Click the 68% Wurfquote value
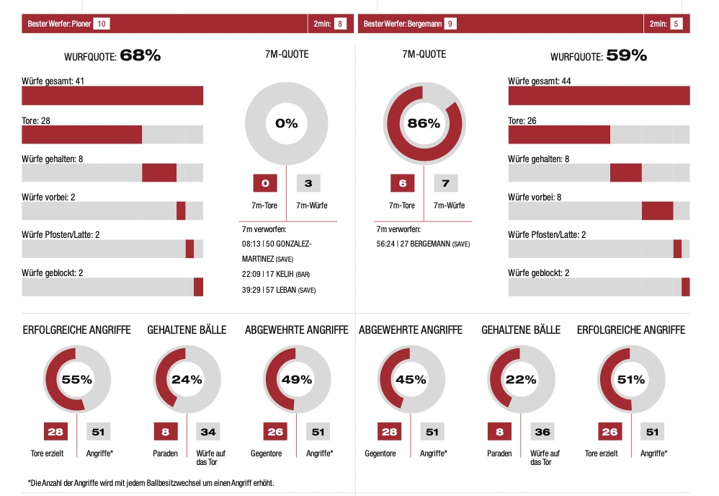(140, 56)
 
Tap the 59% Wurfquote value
(626, 56)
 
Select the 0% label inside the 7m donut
(286, 123)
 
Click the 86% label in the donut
(424, 123)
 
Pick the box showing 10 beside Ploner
(102, 24)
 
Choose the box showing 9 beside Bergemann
(450, 24)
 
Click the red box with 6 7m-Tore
(402, 183)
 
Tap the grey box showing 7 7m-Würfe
(445, 183)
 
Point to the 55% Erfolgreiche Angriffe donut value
(77, 379)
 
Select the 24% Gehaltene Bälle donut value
(187, 379)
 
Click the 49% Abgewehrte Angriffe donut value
(297, 379)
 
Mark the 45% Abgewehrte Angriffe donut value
(411, 379)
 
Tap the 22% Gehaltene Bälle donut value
(521, 379)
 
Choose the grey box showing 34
(207, 432)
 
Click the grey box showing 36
(542, 432)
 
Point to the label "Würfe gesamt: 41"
(54, 81)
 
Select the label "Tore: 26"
(522, 120)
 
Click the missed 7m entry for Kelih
(276, 274)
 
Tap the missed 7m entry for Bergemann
(423, 244)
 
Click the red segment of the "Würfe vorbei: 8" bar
(657, 211)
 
